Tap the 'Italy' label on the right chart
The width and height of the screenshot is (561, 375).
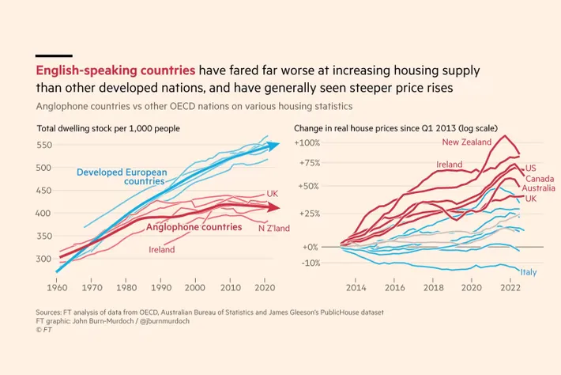pyautogui.click(x=529, y=272)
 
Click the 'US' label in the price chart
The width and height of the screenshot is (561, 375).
pyautogui.click(x=530, y=168)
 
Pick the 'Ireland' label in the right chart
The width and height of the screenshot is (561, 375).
pyautogui.click(x=449, y=164)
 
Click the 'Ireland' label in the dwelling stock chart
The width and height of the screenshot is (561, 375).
pyautogui.click(x=162, y=250)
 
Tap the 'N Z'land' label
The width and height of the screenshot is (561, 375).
pyautogui.click(x=273, y=229)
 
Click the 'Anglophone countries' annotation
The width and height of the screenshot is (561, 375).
pyautogui.click(x=194, y=227)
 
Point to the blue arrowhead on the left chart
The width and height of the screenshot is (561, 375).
pyautogui.click(x=273, y=145)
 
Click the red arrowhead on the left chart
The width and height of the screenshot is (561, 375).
pyautogui.click(x=273, y=208)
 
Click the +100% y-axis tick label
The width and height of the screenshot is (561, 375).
pyautogui.click(x=307, y=143)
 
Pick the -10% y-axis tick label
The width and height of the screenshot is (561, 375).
pyautogui.click(x=308, y=263)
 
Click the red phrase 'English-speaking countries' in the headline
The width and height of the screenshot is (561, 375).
pyautogui.click(x=116, y=70)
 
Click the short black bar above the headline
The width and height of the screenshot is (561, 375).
pyautogui.click(x=54, y=55)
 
